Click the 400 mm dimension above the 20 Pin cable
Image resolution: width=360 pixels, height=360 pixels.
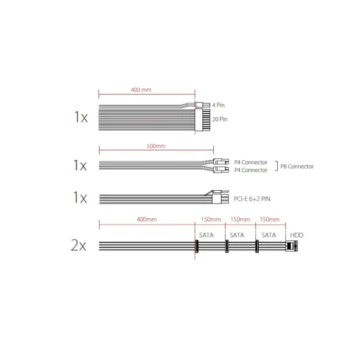click(x=141, y=90)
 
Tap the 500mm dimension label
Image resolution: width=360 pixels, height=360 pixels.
click(x=156, y=146)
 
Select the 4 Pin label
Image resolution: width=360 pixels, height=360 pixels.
click(x=218, y=105)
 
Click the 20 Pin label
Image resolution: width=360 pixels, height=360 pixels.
click(x=220, y=119)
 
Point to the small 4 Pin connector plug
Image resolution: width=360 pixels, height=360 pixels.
click(x=202, y=105)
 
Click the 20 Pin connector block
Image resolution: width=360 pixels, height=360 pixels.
click(x=202, y=120)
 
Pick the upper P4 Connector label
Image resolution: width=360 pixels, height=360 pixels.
click(x=251, y=163)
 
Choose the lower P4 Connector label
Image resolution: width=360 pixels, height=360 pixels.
click(x=251, y=170)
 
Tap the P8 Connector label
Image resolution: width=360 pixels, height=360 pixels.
click(x=297, y=166)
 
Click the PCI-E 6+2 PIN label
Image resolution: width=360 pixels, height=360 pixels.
click(x=252, y=199)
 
